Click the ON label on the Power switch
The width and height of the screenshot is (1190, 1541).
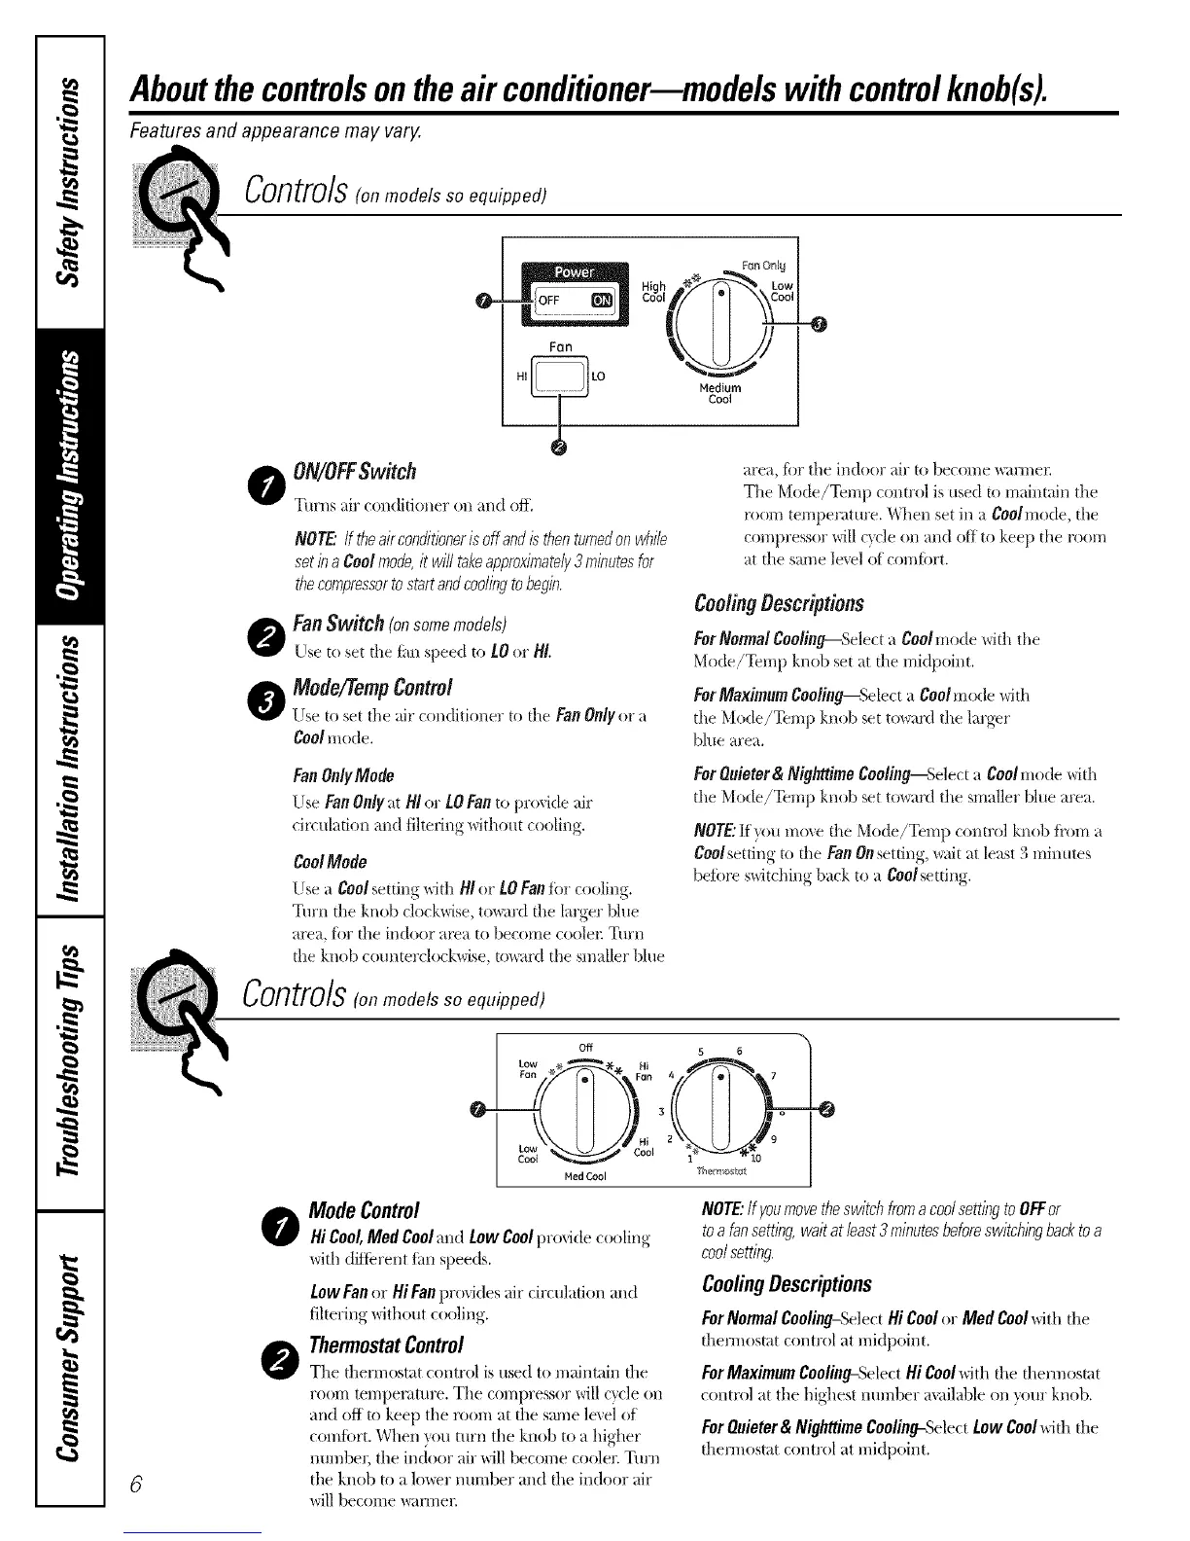pos(602,302)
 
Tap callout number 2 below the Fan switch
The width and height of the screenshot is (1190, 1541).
pos(560,447)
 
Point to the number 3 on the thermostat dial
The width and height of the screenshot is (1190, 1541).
pos(661,1112)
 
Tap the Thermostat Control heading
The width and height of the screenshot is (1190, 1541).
pos(385,1345)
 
